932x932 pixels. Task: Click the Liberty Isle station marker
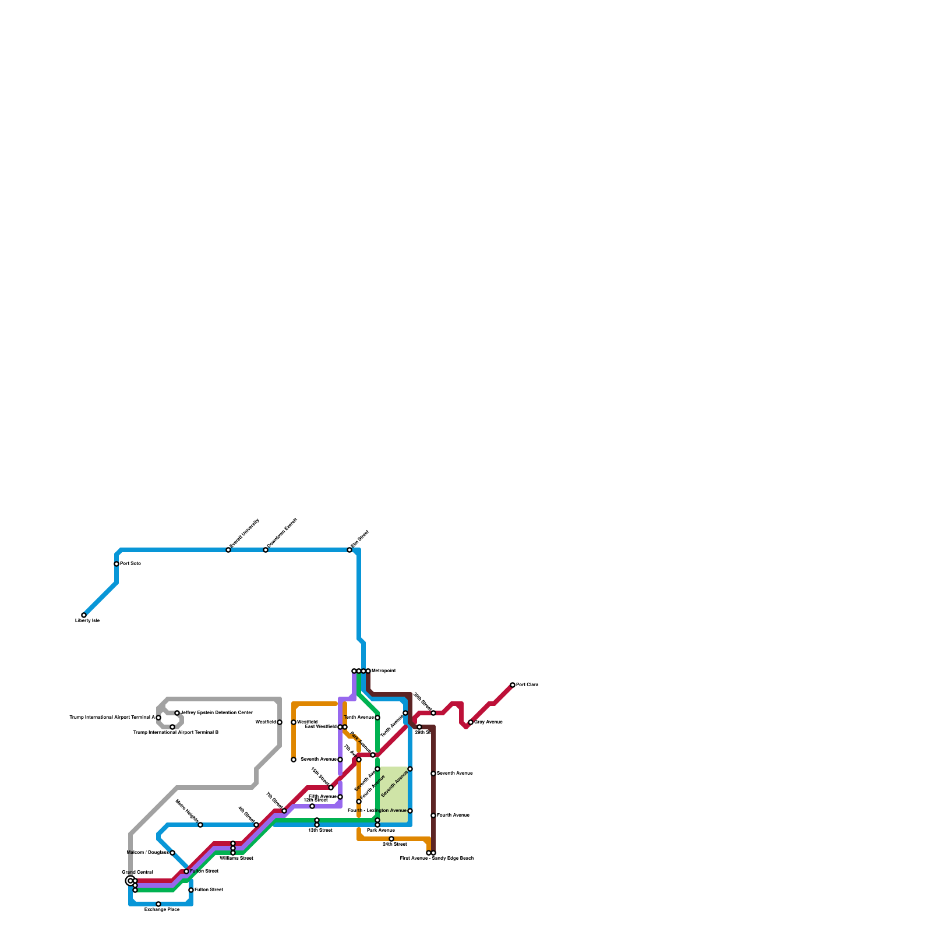pyautogui.click(x=84, y=615)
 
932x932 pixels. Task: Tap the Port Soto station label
pyautogui.click(x=130, y=564)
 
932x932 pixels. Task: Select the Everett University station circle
pyautogui.click(x=228, y=550)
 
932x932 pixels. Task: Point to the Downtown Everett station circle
pyautogui.click(x=266, y=550)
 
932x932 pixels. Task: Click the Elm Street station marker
pyautogui.click(x=349, y=550)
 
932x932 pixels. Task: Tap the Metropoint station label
pyautogui.click(x=384, y=671)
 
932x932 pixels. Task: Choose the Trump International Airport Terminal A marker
pyautogui.click(x=158, y=718)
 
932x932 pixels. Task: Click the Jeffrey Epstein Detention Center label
pyautogui.click(x=217, y=713)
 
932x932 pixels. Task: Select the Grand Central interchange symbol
pyautogui.click(x=130, y=881)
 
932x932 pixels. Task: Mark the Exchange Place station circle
pyautogui.click(x=158, y=904)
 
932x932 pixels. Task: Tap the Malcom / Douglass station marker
pyautogui.click(x=172, y=853)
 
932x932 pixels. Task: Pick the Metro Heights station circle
pyautogui.click(x=200, y=825)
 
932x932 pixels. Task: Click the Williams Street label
pyautogui.click(x=236, y=859)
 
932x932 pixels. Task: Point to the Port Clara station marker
pyautogui.click(x=513, y=685)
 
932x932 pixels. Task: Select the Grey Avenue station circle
pyautogui.click(x=471, y=722)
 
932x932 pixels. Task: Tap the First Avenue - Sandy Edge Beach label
pyautogui.click(x=437, y=859)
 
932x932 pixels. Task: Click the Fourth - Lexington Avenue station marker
pyautogui.click(x=410, y=811)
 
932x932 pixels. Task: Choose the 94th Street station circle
pyautogui.click(x=391, y=839)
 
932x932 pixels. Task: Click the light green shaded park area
pyautogui.click(x=394, y=795)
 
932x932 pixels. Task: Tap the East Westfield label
pyautogui.click(x=321, y=727)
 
